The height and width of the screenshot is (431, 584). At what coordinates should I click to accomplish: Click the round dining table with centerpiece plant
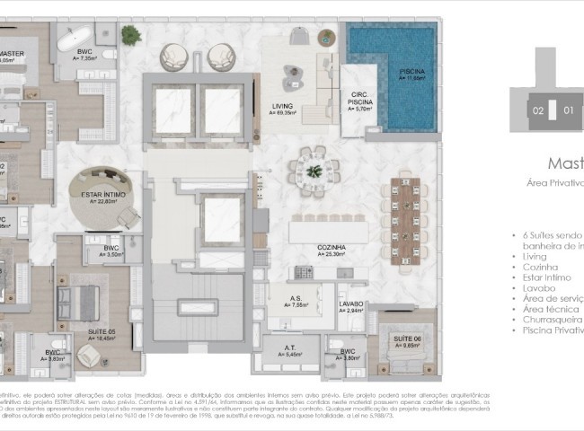pos(313,170)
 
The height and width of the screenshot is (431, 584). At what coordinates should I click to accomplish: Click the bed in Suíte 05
pos(77,296)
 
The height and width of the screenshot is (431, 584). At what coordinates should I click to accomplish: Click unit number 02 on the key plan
pos(537,111)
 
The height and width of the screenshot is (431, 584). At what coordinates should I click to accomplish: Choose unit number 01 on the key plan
pos(568,111)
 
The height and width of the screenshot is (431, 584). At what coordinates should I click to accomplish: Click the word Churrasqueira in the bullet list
pos(552,319)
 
